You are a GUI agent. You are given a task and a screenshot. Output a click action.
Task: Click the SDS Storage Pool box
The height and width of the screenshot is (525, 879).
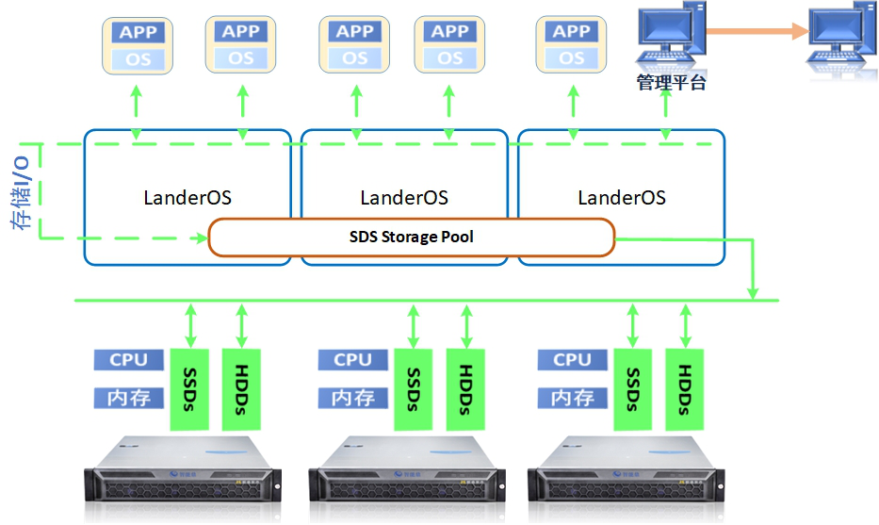click(411, 238)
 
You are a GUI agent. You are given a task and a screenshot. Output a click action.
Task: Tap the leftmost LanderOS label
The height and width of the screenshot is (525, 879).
click(187, 198)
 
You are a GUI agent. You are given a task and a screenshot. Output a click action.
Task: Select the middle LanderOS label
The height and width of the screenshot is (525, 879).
click(404, 198)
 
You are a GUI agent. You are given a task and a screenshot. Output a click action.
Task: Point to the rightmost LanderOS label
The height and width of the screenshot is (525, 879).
click(622, 198)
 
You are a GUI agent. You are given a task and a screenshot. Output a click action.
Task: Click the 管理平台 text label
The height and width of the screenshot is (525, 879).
click(671, 83)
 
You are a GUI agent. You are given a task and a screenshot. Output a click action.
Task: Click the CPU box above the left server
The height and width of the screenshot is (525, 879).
click(129, 359)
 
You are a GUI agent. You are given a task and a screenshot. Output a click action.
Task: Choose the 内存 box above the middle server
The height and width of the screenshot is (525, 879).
click(353, 397)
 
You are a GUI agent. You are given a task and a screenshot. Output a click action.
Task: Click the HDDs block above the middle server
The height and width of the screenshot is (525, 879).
click(465, 389)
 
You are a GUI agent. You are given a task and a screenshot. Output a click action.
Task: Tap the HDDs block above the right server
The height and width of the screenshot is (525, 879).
click(685, 389)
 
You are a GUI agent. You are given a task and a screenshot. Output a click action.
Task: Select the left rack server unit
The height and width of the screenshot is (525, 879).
click(182, 476)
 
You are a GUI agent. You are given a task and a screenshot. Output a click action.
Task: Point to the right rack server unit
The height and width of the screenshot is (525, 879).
click(628, 476)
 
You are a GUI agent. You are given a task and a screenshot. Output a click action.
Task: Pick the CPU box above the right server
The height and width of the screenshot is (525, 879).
click(572, 359)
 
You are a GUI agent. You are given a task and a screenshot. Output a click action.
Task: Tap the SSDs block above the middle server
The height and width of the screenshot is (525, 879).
click(413, 389)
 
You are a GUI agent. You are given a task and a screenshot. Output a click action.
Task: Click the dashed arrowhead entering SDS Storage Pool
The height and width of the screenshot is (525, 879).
click(201, 238)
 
